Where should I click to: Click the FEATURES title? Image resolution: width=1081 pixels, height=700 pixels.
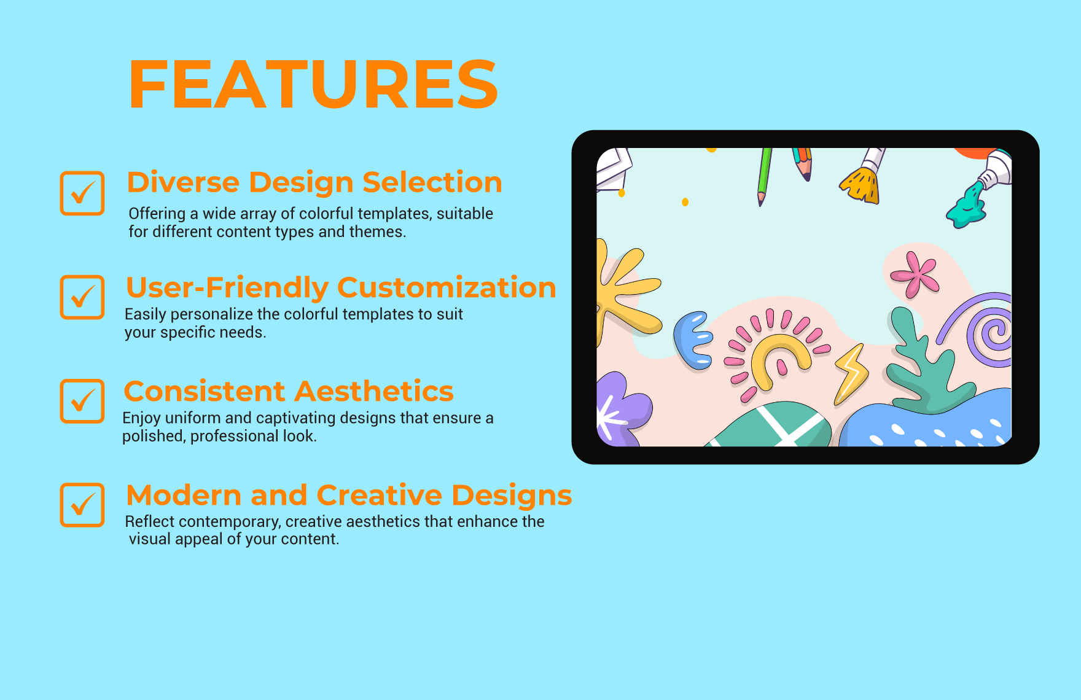click(x=313, y=85)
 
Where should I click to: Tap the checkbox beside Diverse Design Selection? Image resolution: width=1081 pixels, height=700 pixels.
click(x=82, y=193)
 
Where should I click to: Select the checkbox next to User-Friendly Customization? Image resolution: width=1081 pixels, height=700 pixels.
click(x=82, y=297)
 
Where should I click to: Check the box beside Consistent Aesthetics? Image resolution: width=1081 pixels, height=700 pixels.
click(x=82, y=401)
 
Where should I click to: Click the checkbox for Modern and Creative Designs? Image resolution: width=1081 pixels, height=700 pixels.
click(x=82, y=505)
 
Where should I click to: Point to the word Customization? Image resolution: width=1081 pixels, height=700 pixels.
click(x=447, y=287)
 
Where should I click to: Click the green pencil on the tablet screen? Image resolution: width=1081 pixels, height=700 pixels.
click(x=763, y=175)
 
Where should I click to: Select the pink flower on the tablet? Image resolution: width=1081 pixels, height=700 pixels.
click(x=916, y=274)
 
